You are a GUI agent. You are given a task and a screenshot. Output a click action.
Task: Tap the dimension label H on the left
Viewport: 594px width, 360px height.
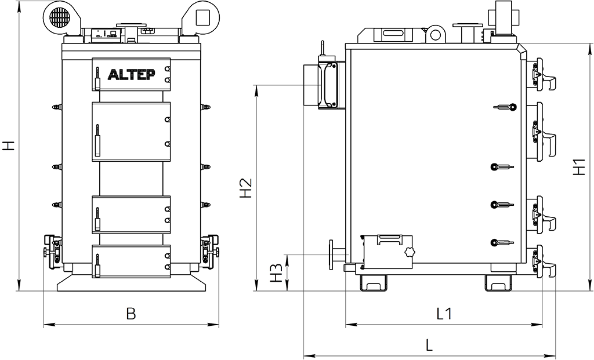coord(8,146)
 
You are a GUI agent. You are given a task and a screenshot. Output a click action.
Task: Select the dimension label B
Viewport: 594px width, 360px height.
coord(131,314)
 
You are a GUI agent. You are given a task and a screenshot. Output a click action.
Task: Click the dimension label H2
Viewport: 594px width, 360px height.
coord(246,187)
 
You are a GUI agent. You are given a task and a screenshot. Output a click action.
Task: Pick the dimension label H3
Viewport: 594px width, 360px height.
coord(278,272)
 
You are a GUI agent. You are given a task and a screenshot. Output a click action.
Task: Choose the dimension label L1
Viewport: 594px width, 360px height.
coord(444,314)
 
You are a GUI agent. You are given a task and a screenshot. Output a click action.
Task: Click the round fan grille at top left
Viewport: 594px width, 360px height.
coord(59,17)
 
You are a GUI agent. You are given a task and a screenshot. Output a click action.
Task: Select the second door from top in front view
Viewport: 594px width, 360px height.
coord(131,132)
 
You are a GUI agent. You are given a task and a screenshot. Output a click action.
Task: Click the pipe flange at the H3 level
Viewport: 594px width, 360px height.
coord(332,255)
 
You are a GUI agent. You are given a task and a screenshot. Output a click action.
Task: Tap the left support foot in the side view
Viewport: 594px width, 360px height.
coord(373,282)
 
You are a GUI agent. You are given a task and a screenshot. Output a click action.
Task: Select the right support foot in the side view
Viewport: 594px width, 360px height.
coord(499,282)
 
